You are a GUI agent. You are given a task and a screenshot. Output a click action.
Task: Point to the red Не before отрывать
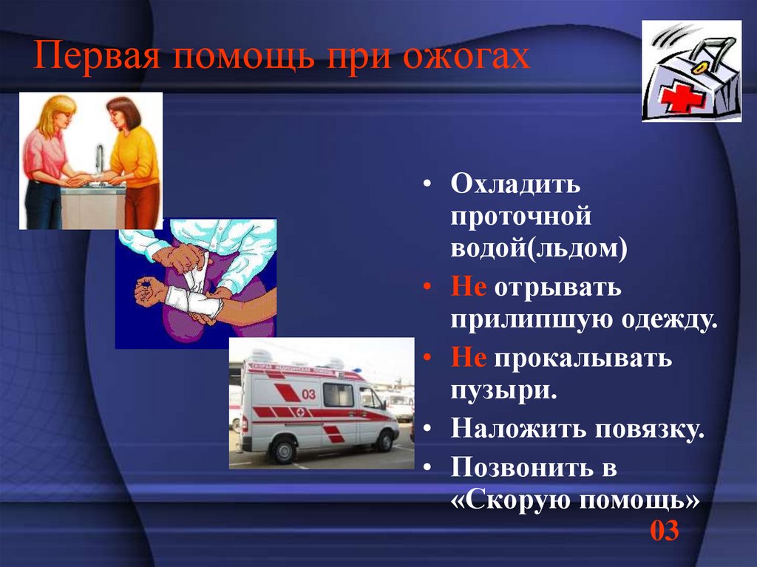[x=469, y=288]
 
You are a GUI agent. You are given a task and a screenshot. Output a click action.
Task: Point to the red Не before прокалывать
[x=469, y=359]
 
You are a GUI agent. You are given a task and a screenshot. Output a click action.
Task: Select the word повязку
[x=643, y=428]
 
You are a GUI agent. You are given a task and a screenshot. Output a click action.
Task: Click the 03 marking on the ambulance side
[x=308, y=394]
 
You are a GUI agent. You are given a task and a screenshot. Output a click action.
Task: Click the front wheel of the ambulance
[x=384, y=441]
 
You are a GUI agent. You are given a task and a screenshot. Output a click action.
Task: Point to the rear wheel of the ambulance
[x=283, y=449]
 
